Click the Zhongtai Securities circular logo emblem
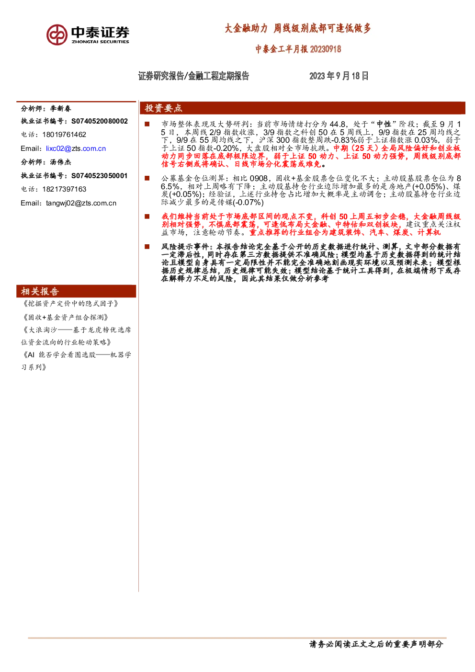pyautogui.click(x=57, y=35)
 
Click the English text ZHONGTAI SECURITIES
pyautogui.click(x=100, y=42)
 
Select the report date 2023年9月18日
pyautogui.click(x=339, y=76)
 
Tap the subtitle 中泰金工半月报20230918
pyautogui.click(x=298, y=49)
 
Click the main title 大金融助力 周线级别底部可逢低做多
pyautogui.click(x=298, y=28)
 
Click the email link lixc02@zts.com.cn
pyautogui.click(x=76, y=148)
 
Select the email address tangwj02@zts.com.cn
pyautogui.click(x=81, y=203)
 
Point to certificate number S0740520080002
pyautogui.click(x=99, y=121)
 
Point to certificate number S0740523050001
pyautogui.click(x=99, y=176)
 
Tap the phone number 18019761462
pyautogui.click(x=64, y=135)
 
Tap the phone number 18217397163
pyautogui.click(x=64, y=189)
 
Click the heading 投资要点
pyautogui.click(x=163, y=108)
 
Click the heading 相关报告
pyautogui.click(x=40, y=291)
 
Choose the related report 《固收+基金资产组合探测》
pyautogui.click(x=66, y=317)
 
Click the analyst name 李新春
pyautogui.click(x=61, y=109)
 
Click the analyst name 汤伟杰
pyautogui.click(x=61, y=162)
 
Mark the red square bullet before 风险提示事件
pyautogui.click(x=147, y=247)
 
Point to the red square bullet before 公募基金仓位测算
pyautogui.click(x=147, y=178)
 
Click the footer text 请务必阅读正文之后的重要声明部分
pyautogui.click(x=376, y=644)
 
